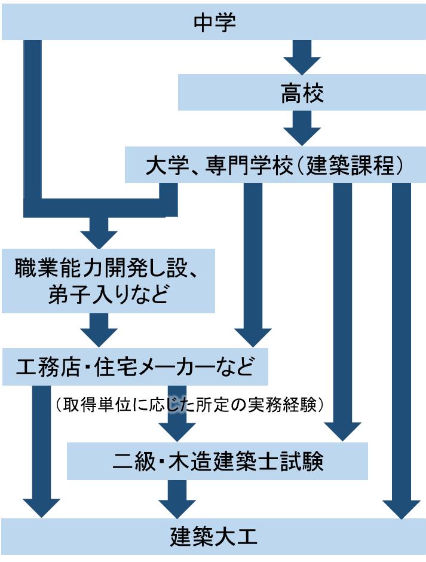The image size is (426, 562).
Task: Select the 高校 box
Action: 302,93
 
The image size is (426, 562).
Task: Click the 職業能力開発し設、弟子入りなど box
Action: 108,281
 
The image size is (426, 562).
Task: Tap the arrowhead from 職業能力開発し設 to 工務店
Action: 99,338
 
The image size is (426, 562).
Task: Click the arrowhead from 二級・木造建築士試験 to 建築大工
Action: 177,508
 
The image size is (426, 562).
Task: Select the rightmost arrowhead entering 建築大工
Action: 402,508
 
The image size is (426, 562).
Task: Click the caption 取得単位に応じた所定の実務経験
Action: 191,406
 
